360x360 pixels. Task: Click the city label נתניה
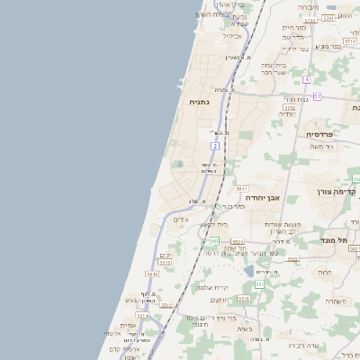(x=199, y=103)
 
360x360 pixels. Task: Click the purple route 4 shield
(x=307, y=79)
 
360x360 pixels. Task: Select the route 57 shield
(x=317, y=95)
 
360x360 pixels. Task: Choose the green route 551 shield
(x=259, y=283)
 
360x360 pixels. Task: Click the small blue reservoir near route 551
(x=248, y=270)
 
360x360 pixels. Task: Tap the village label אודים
(x=180, y=219)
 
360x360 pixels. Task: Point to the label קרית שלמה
(x=213, y=288)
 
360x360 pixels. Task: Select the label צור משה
(x=319, y=146)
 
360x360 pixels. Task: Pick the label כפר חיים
(x=294, y=28)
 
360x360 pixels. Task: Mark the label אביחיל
(x=231, y=36)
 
